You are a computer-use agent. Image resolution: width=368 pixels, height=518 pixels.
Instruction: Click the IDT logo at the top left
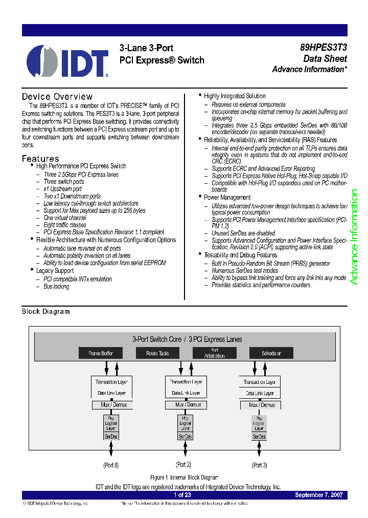click(x=67, y=61)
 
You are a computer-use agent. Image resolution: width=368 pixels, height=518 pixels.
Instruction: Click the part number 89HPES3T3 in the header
click(x=324, y=48)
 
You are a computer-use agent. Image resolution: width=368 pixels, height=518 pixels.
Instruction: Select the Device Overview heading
click(x=57, y=97)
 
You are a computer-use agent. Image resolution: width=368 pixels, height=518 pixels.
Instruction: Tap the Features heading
click(x=40, y=159)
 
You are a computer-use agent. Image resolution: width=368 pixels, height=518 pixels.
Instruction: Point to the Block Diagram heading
click(x=45, y=311)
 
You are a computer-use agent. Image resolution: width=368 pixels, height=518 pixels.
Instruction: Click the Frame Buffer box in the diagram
click(x=100, y=353)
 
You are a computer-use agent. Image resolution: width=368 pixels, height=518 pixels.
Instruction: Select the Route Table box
click(x=157, y=353)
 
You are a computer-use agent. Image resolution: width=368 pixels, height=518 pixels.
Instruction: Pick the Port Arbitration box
click(x=214, y=353)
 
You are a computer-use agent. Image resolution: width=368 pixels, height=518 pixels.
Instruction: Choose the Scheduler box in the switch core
click(x=271, y=353)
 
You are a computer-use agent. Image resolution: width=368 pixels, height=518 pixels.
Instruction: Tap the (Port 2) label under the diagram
click(x=183, y=465)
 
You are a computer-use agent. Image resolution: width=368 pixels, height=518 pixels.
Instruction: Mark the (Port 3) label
click(x=260, y=465)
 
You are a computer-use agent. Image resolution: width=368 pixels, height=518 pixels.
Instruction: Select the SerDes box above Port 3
click(x=259, y=437)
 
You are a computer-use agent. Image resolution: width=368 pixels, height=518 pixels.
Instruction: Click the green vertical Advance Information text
click(x=354, y=237)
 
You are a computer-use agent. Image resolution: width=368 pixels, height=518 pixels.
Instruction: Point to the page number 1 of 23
click(x=182, y=495)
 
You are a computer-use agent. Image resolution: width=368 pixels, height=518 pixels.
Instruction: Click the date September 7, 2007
click(x=319, y=495)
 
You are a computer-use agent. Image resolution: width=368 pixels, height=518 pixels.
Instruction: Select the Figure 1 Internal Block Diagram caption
click(x=184, y=477)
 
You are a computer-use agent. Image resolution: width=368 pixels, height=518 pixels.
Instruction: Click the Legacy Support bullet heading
click(x=55, y=270)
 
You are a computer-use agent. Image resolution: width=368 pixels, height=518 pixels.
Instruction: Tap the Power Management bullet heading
click(x=227, y=197)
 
